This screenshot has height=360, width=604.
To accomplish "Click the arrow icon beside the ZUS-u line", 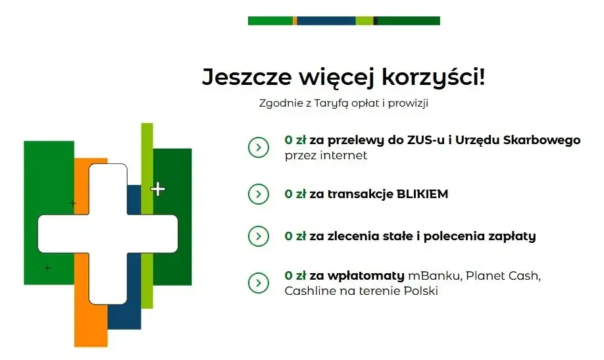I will [258, 147].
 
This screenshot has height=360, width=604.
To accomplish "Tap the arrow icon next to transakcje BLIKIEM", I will [258, 194].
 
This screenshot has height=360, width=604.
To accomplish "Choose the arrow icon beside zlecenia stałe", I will [258, 236].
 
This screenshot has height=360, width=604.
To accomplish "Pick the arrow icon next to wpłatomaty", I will [258, 282].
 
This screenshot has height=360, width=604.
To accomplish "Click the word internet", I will [343, 156].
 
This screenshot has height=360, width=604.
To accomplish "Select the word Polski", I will [421, 290].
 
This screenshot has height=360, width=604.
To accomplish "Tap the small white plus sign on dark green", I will [158, 190].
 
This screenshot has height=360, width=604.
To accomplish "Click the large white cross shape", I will [107, 233].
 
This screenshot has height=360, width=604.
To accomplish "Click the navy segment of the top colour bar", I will [326, 21].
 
